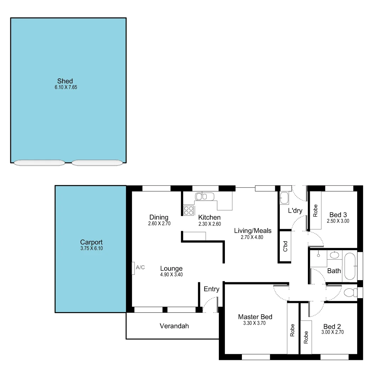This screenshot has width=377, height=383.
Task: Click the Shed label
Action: click(x=65, y=81)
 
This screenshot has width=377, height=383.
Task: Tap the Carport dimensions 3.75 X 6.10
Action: click(x=92, y=249)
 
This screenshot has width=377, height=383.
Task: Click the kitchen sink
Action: click(x=204, y=196)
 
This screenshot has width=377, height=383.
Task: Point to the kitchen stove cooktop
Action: click(x=189, y=210)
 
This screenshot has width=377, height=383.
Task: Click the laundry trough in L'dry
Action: click(x=284, y=198)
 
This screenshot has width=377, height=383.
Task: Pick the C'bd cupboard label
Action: click(x=285, y=246)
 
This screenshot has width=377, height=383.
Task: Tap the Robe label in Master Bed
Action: click(x=292, y=331)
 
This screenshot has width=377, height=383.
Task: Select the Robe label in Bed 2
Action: click(x=306, y=337)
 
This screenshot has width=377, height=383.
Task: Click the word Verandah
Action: click(x=174, y=326)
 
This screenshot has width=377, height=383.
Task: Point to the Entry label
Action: click(x=211, y=289)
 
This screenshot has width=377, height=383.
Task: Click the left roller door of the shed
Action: click(x=39, y=163)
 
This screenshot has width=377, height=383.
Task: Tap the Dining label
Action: click(x=159, y=217)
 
